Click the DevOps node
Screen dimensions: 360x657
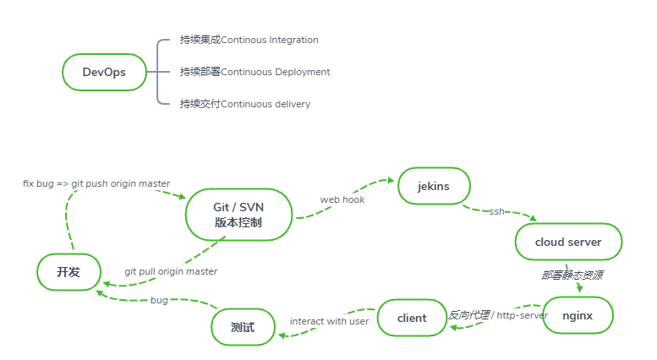click(104, 72)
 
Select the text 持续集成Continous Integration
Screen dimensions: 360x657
click(249, 40)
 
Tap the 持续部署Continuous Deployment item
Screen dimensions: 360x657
click(255, 72)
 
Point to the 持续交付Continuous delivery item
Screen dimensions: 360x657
click(244, 104)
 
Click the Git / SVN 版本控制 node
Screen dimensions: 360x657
click(238, 215)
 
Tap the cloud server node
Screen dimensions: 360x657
click(568, 242)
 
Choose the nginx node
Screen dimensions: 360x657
click(577, 316)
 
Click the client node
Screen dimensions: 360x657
click(412, 318)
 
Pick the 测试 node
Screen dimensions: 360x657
click(243, 327)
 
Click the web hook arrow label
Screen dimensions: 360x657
click(342, 199)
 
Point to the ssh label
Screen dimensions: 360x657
click(496, 211)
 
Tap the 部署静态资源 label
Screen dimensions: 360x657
click(572, 275)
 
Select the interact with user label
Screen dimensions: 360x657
click(329, 321)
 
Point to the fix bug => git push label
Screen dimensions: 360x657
click(96, 183)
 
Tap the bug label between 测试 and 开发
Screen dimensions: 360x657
click(159, 300)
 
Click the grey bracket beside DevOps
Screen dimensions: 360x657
click(158, 72)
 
